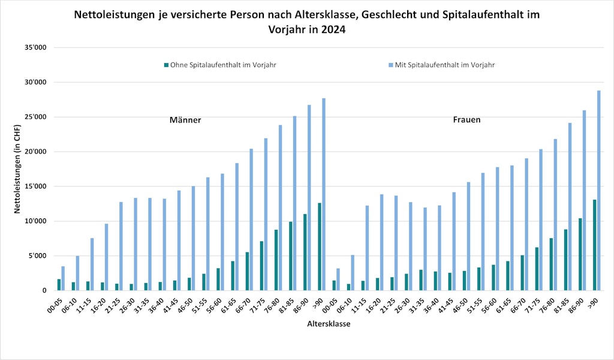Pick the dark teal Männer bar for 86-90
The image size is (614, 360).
(x=305, y=252)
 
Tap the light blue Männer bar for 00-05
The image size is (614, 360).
(x=63, y=278)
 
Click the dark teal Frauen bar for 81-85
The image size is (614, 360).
(x=565, y=260)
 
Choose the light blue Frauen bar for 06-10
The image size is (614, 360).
(x=353, y=272)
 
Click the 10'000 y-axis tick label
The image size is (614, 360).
(x=35, y=221)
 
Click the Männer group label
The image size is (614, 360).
(x=185, y=120)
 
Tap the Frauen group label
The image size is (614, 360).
(x=466, y=120)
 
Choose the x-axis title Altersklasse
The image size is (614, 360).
(x=329, y=324)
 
